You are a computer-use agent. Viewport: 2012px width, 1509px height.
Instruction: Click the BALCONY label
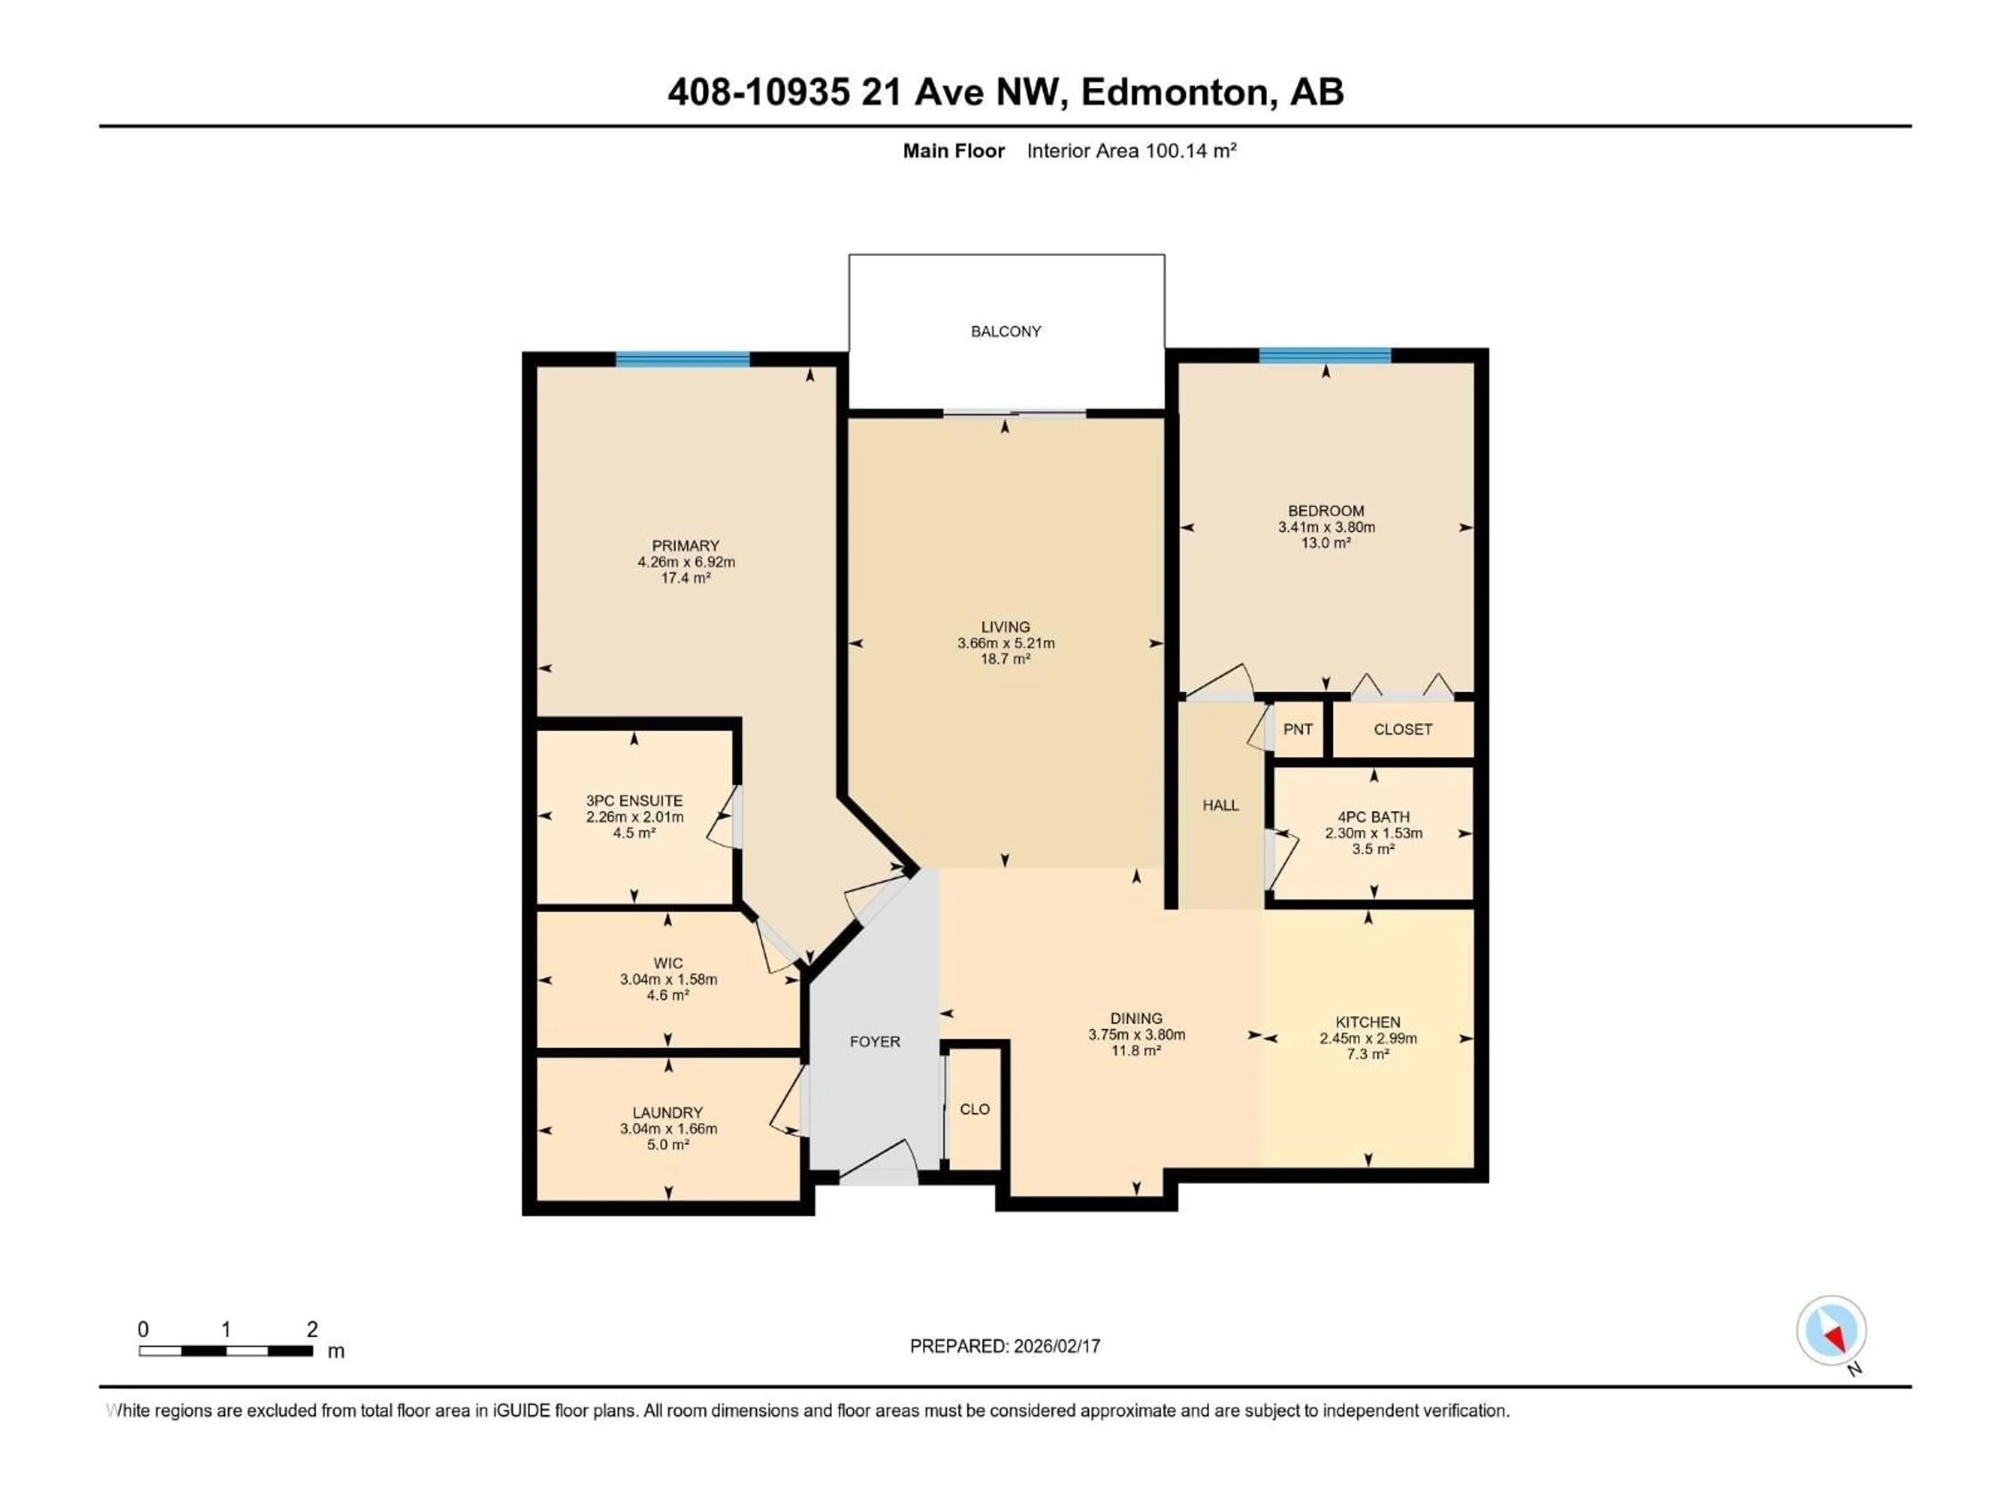coord(1006,331)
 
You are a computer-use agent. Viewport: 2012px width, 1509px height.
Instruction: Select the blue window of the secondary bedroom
coord(1325,356)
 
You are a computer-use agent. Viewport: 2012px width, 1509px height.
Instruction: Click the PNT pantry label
coord(1298,729)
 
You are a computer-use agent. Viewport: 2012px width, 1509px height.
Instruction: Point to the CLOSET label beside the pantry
coord(1403,729)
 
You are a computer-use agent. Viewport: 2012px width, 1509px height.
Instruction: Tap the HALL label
coord(1221,805)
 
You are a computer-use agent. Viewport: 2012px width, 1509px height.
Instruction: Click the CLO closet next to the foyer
coord(974,1109)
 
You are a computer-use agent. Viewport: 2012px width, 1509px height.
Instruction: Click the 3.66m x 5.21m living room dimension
coord(1006,643)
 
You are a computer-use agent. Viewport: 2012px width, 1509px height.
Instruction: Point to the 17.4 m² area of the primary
coord(686,577)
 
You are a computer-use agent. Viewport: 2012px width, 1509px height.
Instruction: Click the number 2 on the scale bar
coord(312,1329)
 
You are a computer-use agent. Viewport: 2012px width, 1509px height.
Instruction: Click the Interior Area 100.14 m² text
coord(1132,151)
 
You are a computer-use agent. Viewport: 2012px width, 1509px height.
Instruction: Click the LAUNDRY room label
coord(668,1112)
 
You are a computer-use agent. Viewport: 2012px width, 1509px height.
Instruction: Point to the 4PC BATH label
coord(1373,817)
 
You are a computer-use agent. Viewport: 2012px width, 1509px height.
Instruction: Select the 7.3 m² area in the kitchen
coord(1368,1054)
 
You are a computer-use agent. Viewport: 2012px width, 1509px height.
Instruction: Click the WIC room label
coord(668,963)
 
